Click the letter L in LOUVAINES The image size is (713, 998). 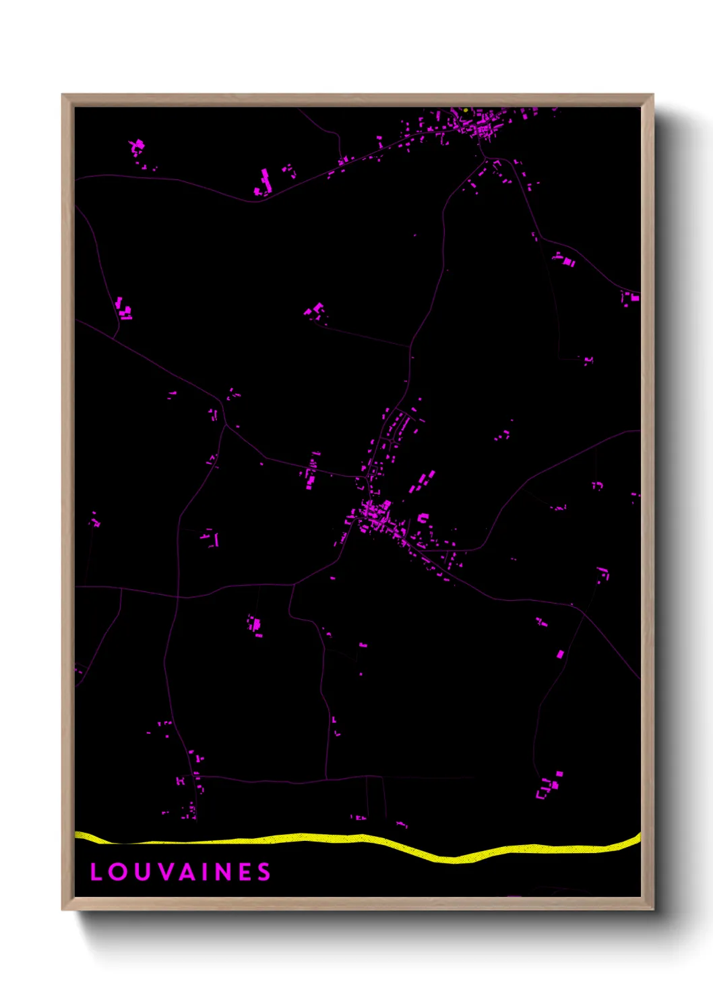click(x=96, y=872)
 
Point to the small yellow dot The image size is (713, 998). click(x=466, y=110)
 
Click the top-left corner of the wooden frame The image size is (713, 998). click(x=63, y=95)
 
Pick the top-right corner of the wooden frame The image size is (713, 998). click(x=652, y=95)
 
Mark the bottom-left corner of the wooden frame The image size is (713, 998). click(x=63, y=909)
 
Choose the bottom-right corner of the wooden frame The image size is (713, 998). click(x=652, y=909)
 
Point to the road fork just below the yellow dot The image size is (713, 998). click(x=485, y=159)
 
